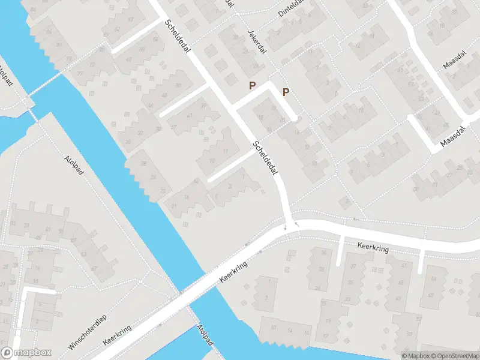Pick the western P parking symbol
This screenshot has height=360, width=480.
253,86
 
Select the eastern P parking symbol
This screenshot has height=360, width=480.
286,92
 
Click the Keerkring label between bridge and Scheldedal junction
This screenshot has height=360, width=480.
233,271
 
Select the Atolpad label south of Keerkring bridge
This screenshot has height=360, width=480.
205,335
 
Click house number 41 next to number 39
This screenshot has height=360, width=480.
190,116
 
